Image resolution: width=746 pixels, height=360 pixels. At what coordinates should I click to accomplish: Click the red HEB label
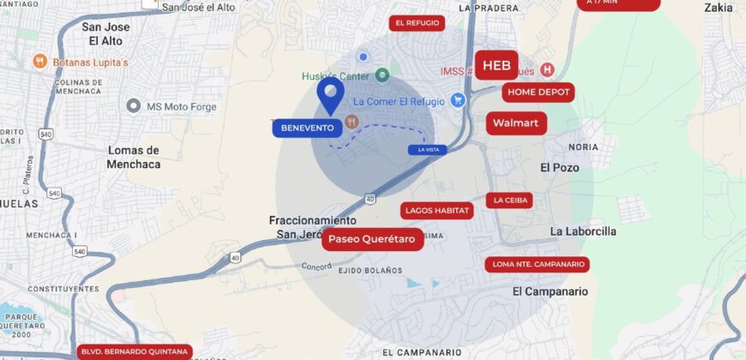point(496,65)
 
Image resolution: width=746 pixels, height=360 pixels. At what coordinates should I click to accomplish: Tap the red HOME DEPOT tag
point(538,92)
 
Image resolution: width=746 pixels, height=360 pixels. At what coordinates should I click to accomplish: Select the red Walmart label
point(517,123)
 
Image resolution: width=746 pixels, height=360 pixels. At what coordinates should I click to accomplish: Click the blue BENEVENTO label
point(306,128)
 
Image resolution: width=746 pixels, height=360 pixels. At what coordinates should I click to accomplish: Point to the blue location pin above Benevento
point(330,94)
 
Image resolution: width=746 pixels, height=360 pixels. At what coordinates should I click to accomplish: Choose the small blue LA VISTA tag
point(427,150)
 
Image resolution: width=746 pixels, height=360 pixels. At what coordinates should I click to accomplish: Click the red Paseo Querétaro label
point(373,239)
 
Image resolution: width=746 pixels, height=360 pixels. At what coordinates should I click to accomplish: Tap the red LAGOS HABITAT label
point(437,210)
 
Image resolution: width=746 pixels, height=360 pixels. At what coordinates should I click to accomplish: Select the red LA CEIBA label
point(509,201)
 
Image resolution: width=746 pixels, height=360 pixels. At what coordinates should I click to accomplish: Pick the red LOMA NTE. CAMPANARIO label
point(538,264)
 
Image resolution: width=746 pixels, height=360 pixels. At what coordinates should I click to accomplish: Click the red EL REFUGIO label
point(417,23)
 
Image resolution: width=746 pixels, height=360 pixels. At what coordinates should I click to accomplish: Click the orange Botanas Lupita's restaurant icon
point(39,62)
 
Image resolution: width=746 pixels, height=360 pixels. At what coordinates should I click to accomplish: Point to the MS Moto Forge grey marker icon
point(133,106)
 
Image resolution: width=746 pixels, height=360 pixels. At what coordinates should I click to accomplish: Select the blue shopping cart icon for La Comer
point(458,100)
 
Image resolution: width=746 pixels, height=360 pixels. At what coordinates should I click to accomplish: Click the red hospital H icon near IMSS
point(547,69)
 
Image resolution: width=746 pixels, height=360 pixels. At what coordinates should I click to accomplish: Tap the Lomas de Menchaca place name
point(134,157)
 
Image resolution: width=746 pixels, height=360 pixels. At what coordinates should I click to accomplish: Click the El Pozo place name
point(560,168)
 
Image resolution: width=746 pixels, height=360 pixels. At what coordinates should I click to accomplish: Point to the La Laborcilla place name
point(583,231)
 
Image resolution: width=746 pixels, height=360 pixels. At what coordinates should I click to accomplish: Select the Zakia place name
point(719,8)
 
